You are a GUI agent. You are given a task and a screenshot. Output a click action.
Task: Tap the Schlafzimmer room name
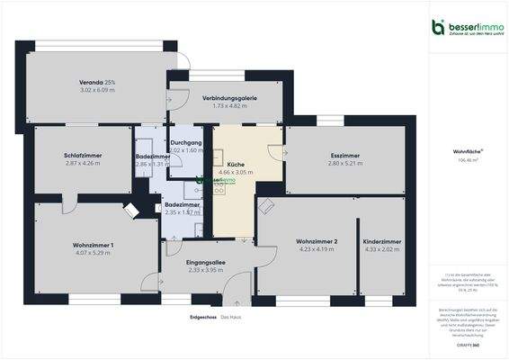pyautogui.click(x=83, y=156)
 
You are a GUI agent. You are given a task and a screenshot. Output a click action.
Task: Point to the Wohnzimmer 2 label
pyautogui.click(x=317, y=241)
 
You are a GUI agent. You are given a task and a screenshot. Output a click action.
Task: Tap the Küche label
pyautogui.click(x=236, y=164)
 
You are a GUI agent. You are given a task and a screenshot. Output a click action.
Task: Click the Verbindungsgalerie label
pyautogui.click(x=229, y=97)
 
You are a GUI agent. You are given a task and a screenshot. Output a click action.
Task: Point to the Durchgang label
pyautogui.click(x=187, y=142)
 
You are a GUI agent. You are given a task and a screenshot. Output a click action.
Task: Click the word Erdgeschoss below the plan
pyautogui.click(x=201, y=317)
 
